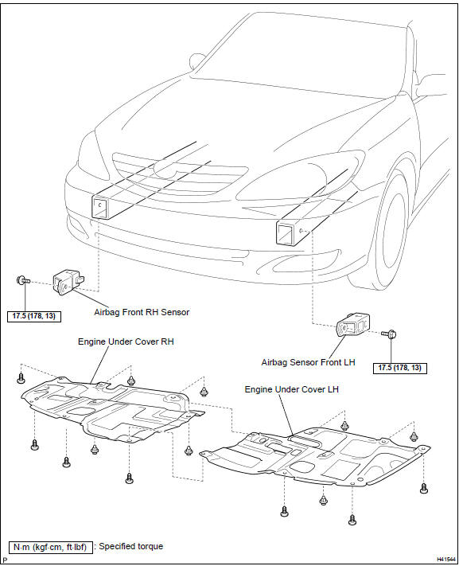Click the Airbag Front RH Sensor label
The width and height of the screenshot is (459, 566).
[142, 312]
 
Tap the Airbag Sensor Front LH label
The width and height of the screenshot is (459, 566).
[308, 362]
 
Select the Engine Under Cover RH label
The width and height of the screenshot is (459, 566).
[126, 341]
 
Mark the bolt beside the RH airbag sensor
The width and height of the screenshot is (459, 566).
[21, 280]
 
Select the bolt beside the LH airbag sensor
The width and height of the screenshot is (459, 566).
[391, 334]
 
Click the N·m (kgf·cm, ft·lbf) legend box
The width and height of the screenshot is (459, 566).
[49, 547]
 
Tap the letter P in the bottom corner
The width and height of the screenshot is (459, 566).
[5, 560]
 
